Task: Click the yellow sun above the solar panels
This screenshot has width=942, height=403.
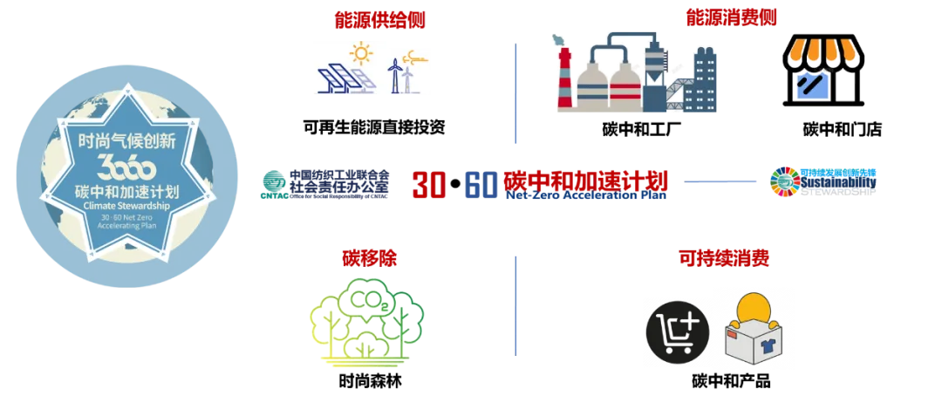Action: [x=360, y=53]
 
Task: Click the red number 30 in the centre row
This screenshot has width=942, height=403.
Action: [x=428, y=184]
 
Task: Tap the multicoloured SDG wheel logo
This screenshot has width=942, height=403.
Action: [x=783, y=182]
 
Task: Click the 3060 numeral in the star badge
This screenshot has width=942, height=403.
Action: [x=126, y=166]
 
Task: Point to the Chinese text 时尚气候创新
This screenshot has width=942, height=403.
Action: [x=126, y=140]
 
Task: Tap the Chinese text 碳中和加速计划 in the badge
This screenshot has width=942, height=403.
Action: [x=126, y=189]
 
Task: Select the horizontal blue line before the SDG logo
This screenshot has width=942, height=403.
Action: [x=721, y=181]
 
